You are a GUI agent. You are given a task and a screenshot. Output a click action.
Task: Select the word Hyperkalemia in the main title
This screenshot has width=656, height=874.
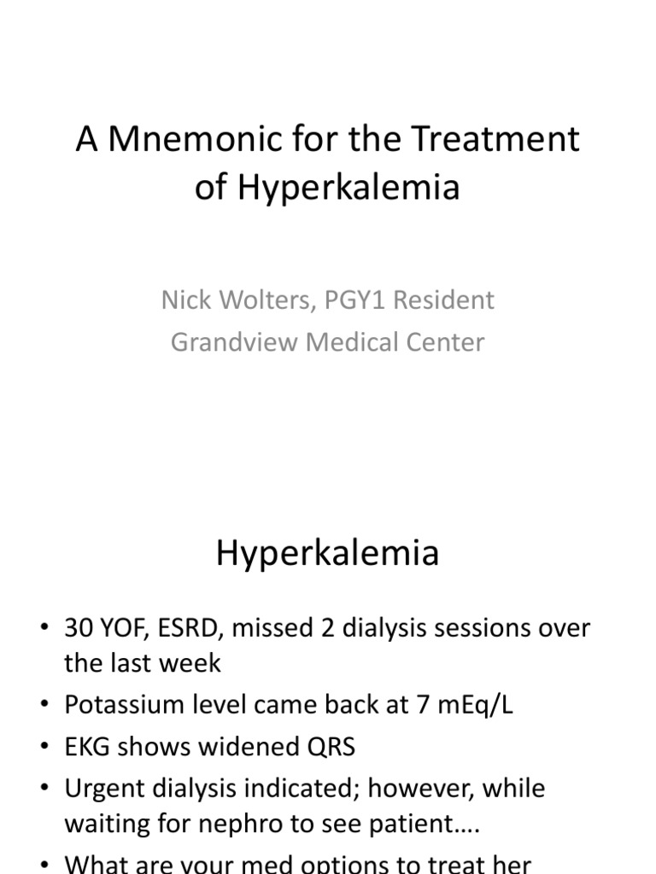(x=348, y=188)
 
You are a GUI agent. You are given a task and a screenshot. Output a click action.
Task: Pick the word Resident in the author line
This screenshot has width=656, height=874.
(x=443, y=300)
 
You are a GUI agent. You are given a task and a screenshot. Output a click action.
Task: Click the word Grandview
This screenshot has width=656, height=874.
(x=234, y=341)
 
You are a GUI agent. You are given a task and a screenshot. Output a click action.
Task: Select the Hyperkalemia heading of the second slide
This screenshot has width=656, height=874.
(x=327, y=553)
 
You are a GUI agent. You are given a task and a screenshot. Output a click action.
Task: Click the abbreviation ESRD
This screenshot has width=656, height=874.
(x=190, y=628)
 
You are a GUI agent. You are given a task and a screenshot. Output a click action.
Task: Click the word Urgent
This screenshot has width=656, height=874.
(x=104, y=789)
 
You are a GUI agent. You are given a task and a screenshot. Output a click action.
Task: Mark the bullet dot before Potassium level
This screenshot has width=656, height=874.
(x=44, y=704)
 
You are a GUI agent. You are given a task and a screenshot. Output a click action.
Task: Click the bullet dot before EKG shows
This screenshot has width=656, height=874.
(x=44, y=747)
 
